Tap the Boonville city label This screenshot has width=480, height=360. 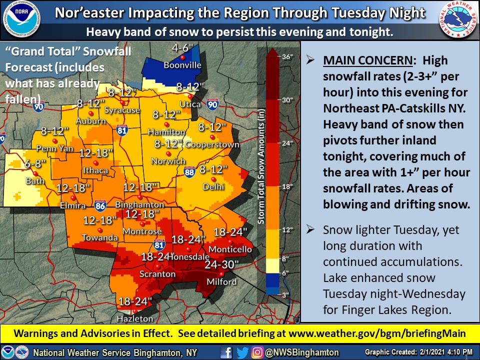182,65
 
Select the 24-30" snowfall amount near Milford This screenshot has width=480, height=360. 222,263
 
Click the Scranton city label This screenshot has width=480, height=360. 157,274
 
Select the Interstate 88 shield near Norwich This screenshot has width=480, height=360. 189,172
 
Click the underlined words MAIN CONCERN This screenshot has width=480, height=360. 367,60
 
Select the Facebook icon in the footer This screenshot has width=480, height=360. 226,352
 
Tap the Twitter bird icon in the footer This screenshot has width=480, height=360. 241,352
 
